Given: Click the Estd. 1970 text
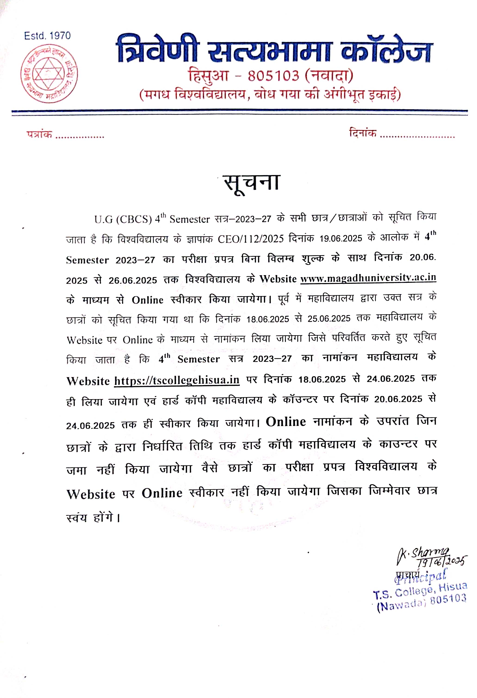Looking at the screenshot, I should coord(47,36).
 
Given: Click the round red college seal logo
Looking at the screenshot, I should coord(49,73).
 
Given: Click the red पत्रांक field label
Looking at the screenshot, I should coord(39,134).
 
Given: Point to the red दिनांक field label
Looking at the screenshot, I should coord(363,132).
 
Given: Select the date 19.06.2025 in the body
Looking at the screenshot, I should coord(341,239).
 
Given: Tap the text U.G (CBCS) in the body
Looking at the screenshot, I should coord(123,220).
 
